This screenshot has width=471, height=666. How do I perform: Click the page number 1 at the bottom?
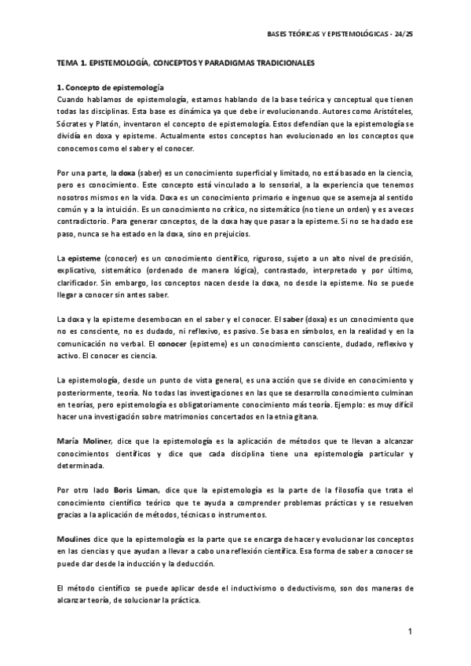410,633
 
